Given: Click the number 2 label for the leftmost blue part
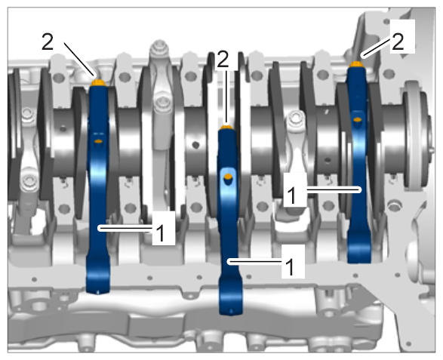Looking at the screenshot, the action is pos(48,42).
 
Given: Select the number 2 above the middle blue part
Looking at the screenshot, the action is pos(223,59).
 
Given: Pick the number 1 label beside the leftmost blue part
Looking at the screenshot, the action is pos(160,233).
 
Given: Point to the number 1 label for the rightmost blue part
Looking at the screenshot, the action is pos(291,195).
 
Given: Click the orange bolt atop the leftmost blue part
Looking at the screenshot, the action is pos(98,83).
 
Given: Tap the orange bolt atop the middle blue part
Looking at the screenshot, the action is pos(226,127).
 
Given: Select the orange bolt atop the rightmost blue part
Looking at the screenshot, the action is pos(356,64).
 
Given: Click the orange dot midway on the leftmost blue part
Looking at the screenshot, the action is pos(98,141).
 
